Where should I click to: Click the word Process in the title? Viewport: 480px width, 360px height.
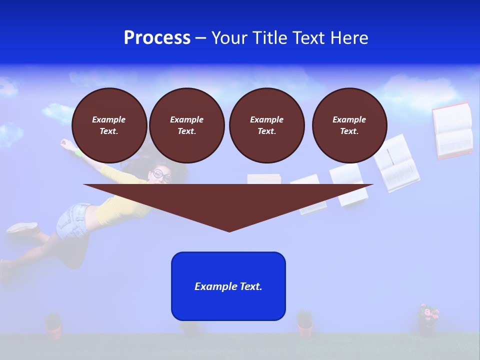157,38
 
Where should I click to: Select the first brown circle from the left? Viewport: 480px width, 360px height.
109,125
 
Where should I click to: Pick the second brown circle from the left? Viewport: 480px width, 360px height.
186,125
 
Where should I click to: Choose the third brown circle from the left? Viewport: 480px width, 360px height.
266,125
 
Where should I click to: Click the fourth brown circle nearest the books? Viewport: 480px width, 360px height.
349,125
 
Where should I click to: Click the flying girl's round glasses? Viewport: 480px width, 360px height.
161,175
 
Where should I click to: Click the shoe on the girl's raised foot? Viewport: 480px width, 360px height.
22,228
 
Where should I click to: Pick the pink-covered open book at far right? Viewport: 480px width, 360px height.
452,131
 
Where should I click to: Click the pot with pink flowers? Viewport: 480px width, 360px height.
427,320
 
